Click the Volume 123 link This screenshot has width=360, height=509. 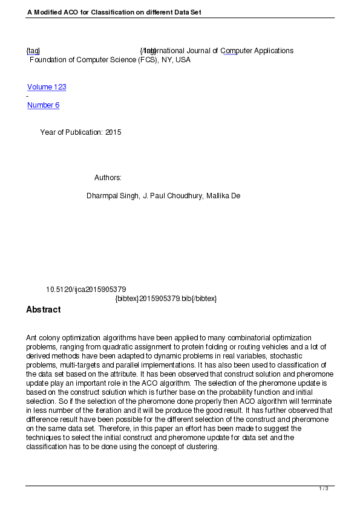pyautogui.click(x=47, y=87)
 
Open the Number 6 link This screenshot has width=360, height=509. pyautogui.click(x=43, y=105)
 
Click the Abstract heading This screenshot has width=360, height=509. pyautogui.click(x=43, y=310)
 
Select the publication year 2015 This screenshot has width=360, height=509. pyautogui.click(x=113, y=132)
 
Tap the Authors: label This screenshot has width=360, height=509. pyautogui.click(x=108, y=178)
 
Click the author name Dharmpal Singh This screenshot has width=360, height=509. pyautogui.click(x=113, y=196)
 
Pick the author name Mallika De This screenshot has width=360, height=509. pyautogui.click(x=223, y=196)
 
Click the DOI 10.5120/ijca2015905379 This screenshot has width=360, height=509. pyautogui.click(x=86, y=290)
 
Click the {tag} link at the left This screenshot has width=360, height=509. pyautogui.click(x=33, y=51)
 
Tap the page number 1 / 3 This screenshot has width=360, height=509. pyautogui.click(x=324, y=488)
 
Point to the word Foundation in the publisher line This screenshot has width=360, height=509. pyautogui.click(x=48, y=60)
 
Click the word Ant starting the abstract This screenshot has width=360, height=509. pyautogui.click(x=32, y=337)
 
